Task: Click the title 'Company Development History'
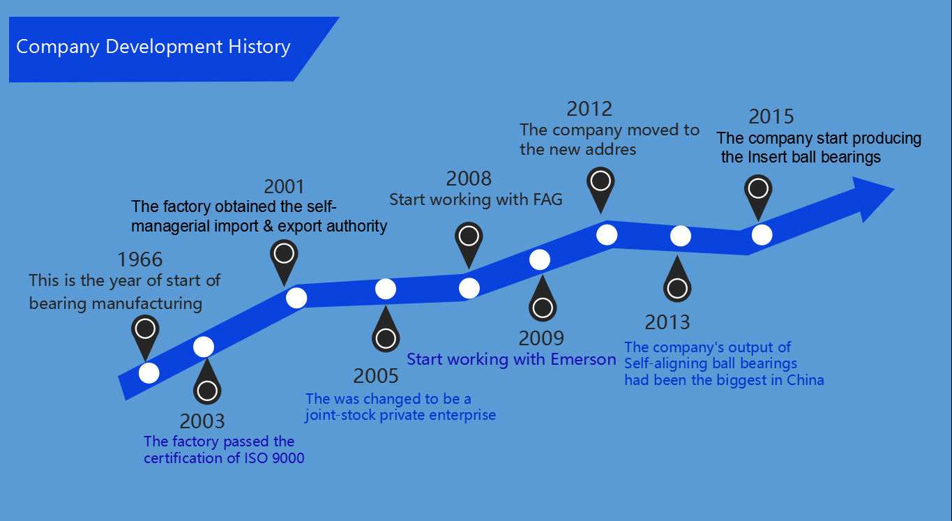click(x=153, y=47)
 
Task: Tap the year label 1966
click(x=139, y=259)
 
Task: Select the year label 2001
click(x=285, y=186)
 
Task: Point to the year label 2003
click(x=202, y=421)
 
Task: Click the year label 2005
click(x=376, y=376)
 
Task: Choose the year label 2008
click(x=469, y=179)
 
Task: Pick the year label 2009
click(x=541, y=338)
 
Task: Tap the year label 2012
click(x=589, y=109)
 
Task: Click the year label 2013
click(x=667, y=322)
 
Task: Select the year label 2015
click(x=771, y=116)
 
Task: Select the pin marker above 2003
click(x=207, y=382)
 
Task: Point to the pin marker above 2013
click(x=677, y=280)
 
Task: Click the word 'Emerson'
click(x=583, y=359)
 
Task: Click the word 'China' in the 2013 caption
click(x=805, y=380)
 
